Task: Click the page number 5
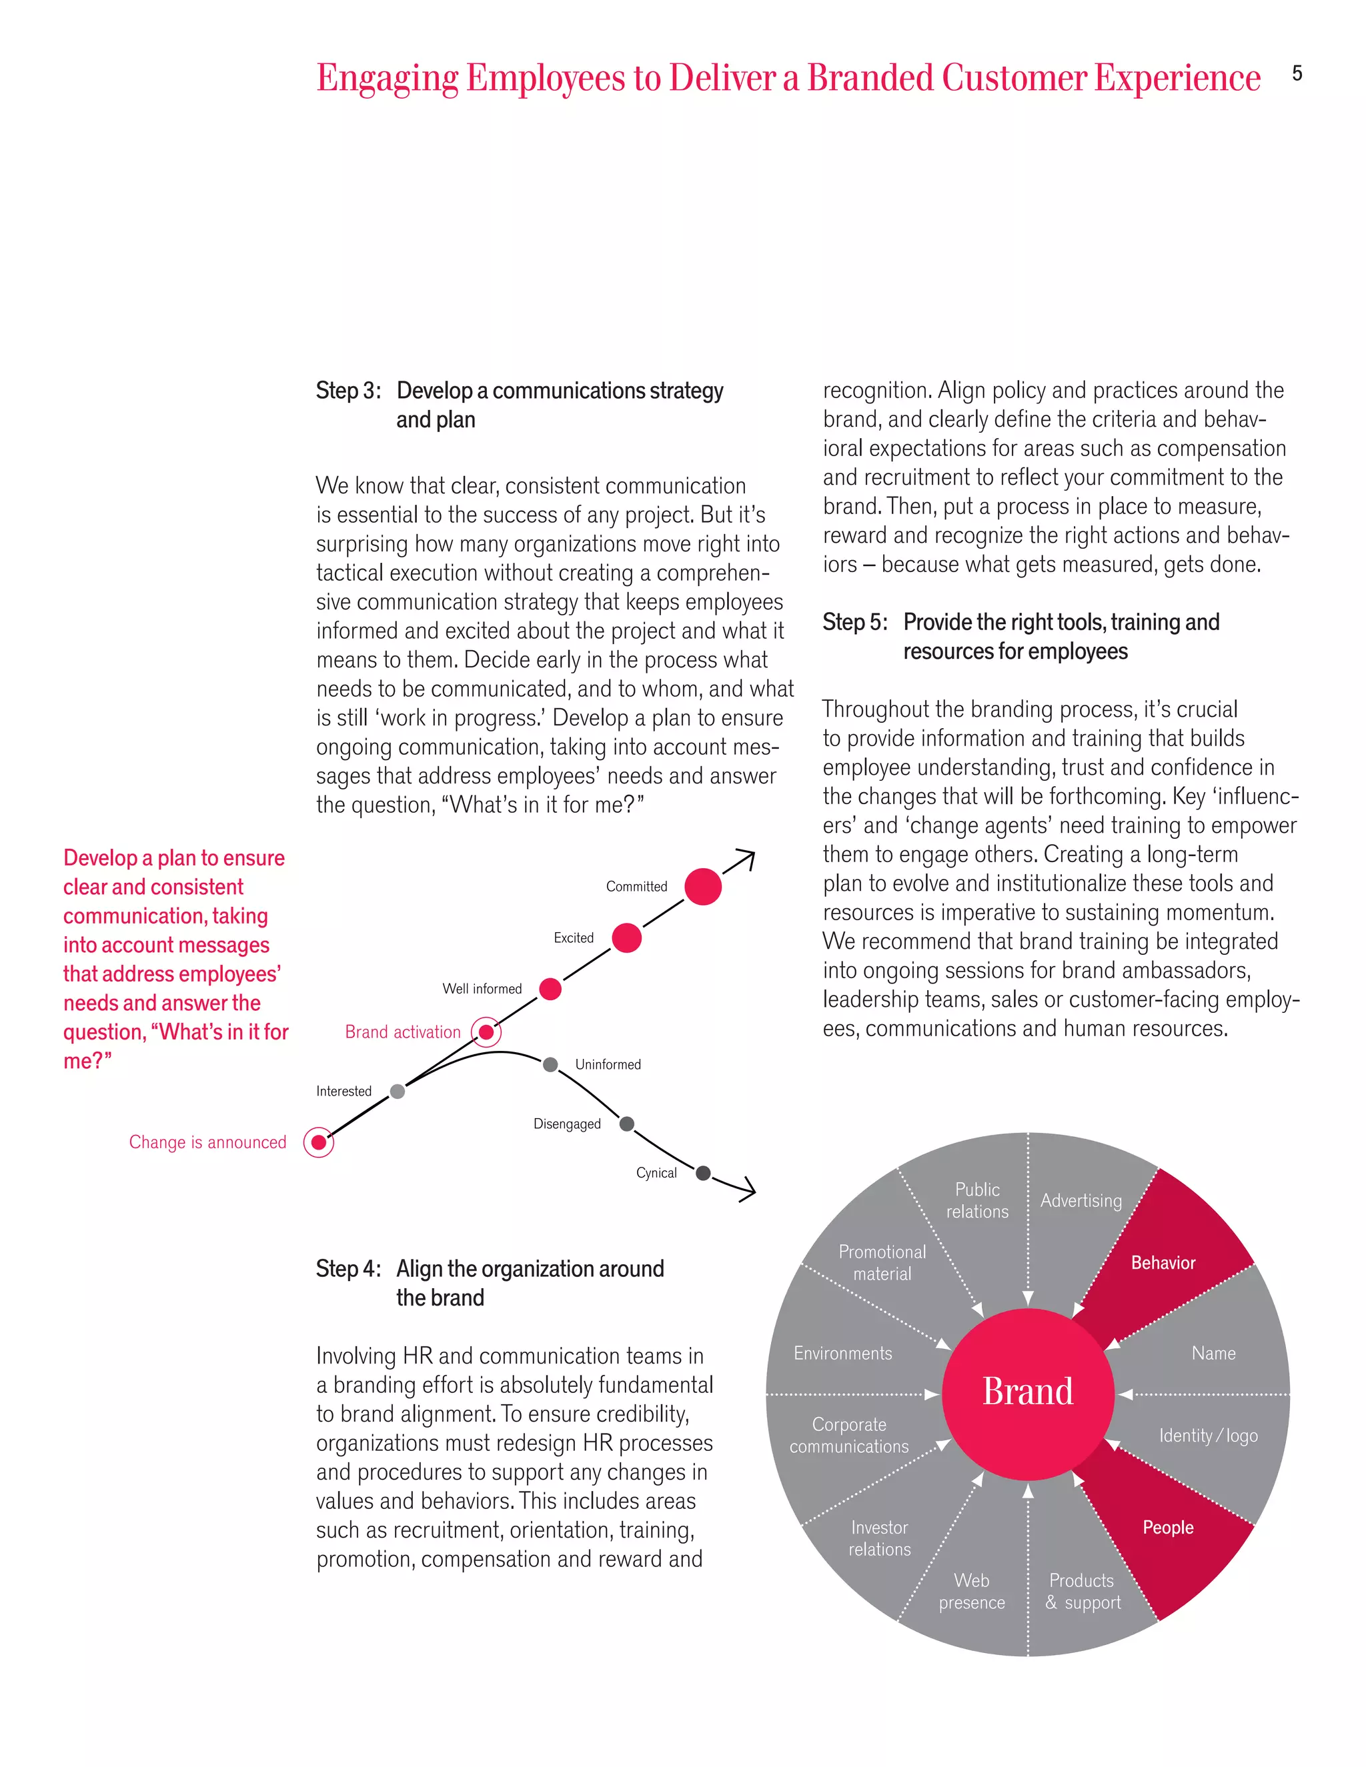[x=1297, y=73]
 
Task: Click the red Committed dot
[x=702, y=886]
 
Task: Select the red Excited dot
[x=626, y=938]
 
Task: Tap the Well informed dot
[x=550, y=989]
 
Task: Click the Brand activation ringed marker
[x=486, y=1032]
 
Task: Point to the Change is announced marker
[x=319, y=1142]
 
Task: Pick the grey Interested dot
[x=398, y=1092]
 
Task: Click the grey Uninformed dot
[x=550, y=1065]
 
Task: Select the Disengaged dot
[x=626, y=1124]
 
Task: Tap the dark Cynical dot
[x=703, y=1173]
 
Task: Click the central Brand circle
[x=1028, y=1393]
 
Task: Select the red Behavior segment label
[x=1163, y=1263]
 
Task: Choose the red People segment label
[x=1168, y=1528]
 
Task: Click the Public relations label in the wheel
[x=978, y=1201]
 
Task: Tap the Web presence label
[x=972, y=1592]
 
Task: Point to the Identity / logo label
[x=1208, y=1436]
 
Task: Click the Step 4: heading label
[x=348, y=1269]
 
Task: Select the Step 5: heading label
[x=854, y=622]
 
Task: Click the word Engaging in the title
[x=388, y=79]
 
